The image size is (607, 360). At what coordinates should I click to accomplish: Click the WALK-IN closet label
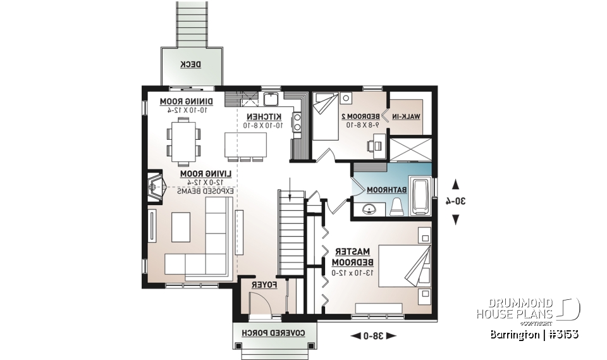click(407, 116)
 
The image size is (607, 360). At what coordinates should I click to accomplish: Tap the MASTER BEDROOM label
click(350, 256)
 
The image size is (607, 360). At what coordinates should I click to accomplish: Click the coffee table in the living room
click(180, 227)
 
